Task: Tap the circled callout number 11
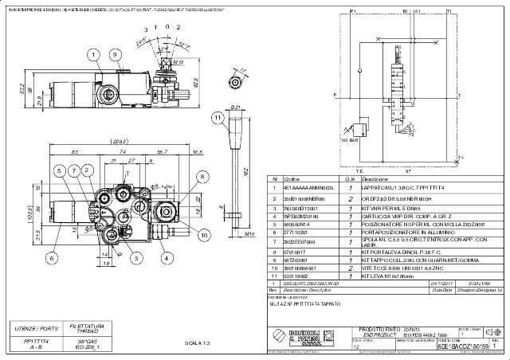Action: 216,118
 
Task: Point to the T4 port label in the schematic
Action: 461,157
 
